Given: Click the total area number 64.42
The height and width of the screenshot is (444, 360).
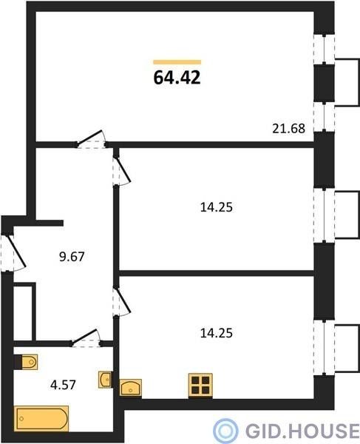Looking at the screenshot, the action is click(x=177, y=78).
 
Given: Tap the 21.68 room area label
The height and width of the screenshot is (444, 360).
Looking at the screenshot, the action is click(x=289, y=129).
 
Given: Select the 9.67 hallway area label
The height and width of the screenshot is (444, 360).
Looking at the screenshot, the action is click(x=72, y=257).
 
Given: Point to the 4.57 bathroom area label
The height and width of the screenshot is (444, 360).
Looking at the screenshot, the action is click(x=63, y=385).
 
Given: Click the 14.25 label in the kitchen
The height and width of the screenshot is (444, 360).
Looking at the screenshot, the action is click(x=217, y=333).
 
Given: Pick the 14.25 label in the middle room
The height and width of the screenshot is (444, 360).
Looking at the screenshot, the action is click(x=217, y=207).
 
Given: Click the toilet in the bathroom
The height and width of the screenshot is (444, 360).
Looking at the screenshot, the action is click(x=26, y=362).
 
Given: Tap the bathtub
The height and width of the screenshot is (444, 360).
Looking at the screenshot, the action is click(x=41, y=419).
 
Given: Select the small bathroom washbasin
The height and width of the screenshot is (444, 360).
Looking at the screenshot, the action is click(x=105, y=380).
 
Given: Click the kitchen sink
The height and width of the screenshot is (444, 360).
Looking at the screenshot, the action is click(x=131, y=387).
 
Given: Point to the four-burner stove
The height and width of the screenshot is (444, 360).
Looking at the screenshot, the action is click(x=200, y=386).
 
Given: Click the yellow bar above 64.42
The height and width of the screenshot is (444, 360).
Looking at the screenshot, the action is click(x=177, y=62).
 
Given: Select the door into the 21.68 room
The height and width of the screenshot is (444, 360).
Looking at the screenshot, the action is click(x=91, y=139).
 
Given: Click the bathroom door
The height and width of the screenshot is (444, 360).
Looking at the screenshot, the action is click(x=86, y=338).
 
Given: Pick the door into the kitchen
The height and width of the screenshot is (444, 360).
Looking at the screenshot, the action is click(x=122, y=301).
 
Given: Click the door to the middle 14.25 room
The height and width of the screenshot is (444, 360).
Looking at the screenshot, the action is click(x=122, y=171).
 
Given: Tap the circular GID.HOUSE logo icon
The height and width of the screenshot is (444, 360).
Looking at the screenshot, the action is click(x=225, y=431).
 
